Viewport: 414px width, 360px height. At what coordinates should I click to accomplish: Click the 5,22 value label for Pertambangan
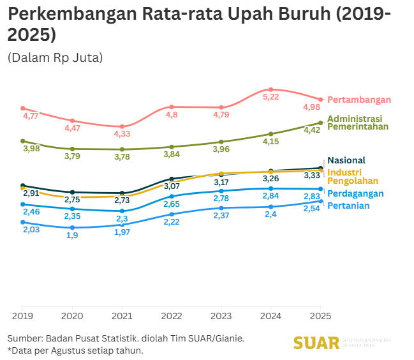click(271, 97)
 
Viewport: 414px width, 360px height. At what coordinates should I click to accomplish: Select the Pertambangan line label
click(359, 100)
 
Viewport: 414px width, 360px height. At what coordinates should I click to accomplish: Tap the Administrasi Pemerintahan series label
click(358, 123)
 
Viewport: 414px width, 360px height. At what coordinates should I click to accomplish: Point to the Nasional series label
click(346, 160)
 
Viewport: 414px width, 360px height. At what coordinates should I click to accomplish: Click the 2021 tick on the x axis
click(122, 315)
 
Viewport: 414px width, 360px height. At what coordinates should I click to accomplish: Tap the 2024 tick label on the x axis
click(271, 315)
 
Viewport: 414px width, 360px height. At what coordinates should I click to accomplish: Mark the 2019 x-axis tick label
click(22, 315)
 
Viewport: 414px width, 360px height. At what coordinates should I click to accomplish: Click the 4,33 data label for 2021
click(122, 134)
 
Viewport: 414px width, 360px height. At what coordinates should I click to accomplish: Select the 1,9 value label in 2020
click(72, 236)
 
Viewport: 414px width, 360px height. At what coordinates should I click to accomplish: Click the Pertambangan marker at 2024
click(271, 89)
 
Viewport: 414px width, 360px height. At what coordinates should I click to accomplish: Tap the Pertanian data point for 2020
click(72, 227)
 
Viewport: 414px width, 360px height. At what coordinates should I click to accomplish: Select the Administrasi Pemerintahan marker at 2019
click(22, 141)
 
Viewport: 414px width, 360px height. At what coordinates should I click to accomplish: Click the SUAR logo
click(316, 343)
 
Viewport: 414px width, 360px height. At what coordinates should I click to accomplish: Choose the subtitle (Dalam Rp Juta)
click(55, 57)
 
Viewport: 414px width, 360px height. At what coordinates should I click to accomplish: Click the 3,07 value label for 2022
click(172, 186)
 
